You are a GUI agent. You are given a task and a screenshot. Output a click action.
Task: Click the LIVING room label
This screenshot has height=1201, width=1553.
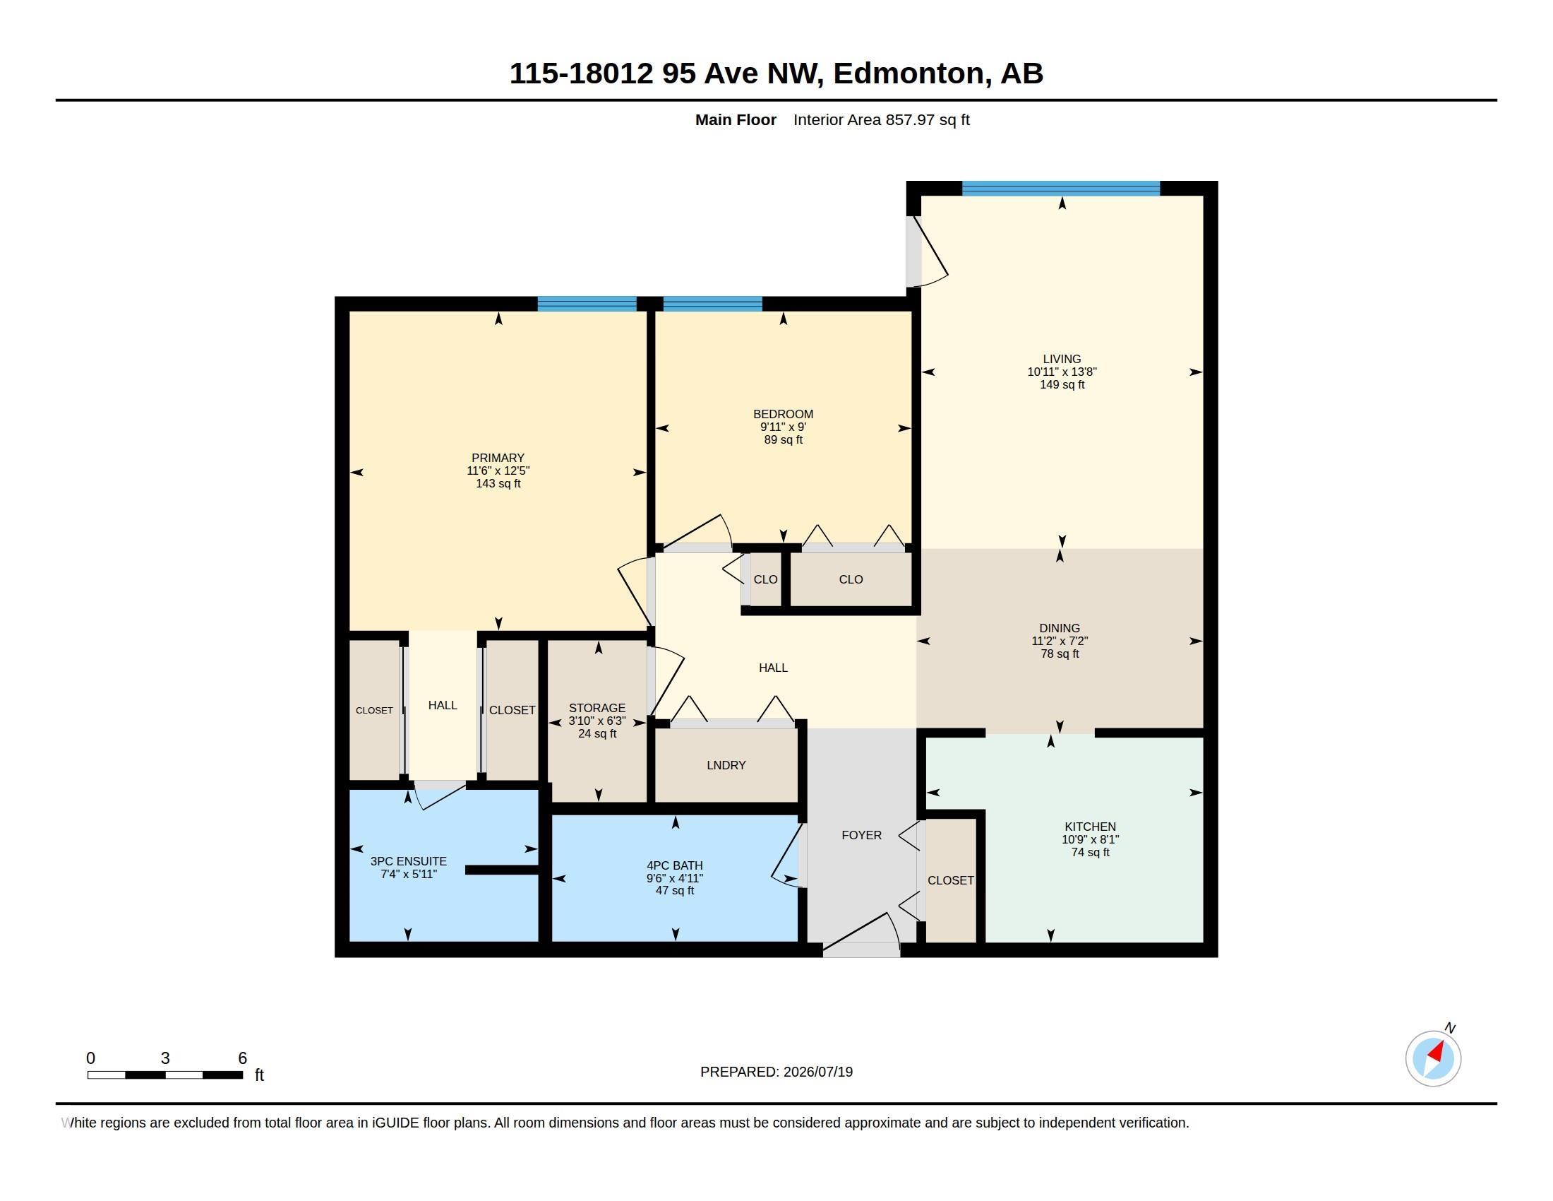(1062, 360)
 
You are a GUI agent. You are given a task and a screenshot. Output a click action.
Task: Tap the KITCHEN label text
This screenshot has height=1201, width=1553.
(1090, 827)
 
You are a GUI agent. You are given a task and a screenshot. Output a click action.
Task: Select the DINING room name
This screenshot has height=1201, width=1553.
(1060, 628)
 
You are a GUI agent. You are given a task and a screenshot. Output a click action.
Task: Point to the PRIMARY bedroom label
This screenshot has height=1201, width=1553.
(498, 458)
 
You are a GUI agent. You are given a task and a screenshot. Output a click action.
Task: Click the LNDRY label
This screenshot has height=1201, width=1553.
(726, 766)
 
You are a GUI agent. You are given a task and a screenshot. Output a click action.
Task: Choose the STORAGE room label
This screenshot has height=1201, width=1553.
(597, 708)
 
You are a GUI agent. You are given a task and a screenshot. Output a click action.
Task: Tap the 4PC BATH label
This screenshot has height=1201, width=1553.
(675, 866)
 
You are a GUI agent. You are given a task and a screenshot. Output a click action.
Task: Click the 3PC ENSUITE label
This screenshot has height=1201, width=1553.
(409, 862)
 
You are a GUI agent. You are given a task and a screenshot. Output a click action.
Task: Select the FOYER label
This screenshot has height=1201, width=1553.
(862, 835)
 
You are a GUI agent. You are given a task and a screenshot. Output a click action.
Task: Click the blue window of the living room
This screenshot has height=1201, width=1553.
(1061, 189)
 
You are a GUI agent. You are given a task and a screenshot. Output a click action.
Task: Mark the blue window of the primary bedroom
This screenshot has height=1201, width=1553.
(587, 304)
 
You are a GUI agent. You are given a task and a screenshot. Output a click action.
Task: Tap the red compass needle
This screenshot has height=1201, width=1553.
(1436, 1053)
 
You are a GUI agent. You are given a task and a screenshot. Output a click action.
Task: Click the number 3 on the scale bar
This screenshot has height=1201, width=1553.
(165, 1058)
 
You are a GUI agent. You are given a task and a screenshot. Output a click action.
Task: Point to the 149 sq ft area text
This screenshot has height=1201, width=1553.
(1062, 385)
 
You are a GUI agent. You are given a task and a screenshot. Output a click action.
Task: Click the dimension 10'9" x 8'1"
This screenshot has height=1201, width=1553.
(1090, 839)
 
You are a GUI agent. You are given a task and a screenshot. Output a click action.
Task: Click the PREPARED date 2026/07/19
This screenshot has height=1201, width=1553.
(817, 1072)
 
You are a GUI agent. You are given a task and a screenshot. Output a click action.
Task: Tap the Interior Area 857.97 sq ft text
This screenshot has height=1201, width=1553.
(882, 119)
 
